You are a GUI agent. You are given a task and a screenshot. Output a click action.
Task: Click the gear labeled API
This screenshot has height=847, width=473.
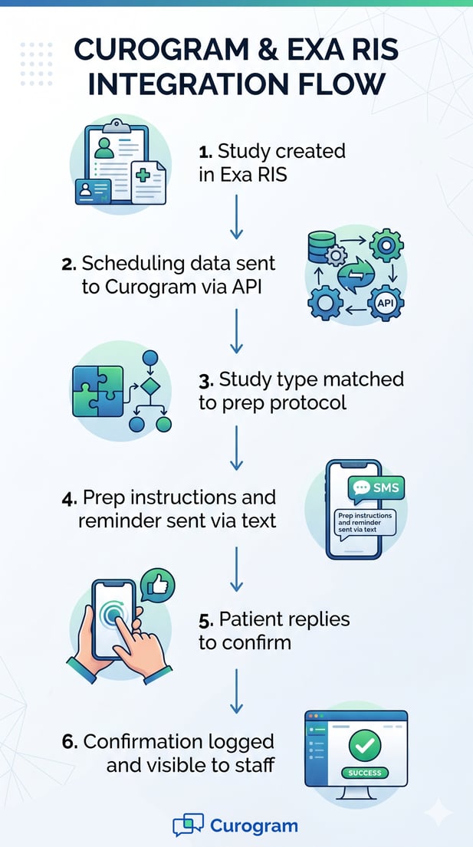386,304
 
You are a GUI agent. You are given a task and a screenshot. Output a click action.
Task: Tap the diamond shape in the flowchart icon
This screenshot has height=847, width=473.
150,383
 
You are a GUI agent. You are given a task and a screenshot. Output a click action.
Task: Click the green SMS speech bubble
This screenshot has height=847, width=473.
375,488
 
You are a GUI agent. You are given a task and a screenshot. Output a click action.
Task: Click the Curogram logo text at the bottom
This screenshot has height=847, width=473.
253,826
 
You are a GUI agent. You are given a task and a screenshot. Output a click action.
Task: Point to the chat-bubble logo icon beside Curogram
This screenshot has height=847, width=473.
188,826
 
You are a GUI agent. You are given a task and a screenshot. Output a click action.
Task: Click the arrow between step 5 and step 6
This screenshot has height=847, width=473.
236,688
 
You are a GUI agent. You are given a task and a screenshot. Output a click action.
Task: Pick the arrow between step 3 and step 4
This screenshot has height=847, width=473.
236,448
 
